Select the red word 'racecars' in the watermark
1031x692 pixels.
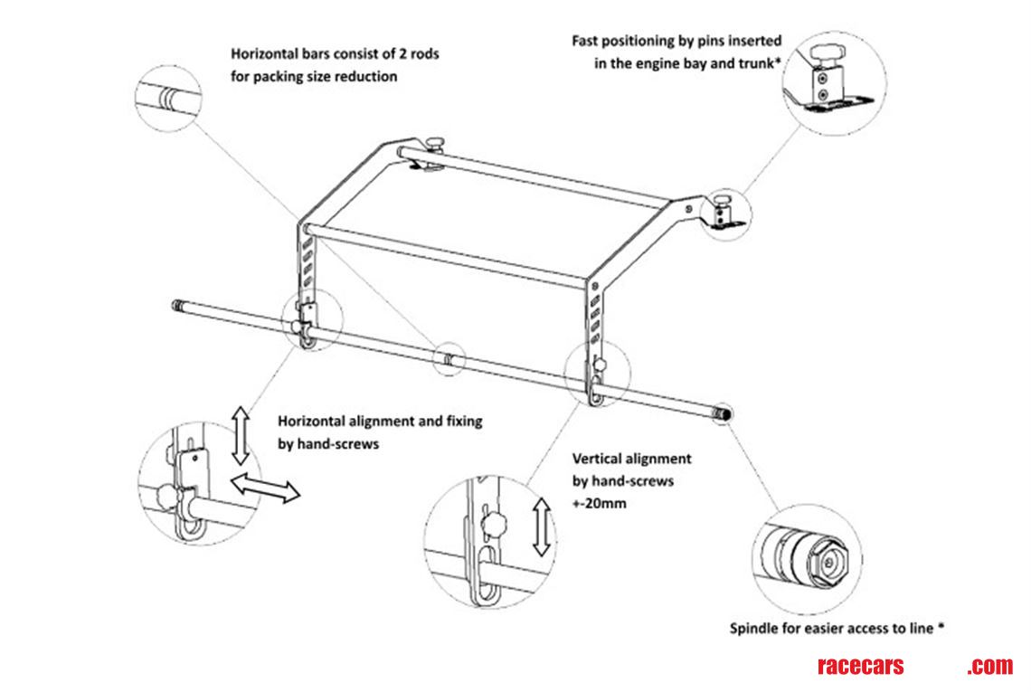pyautogui.click(x=859, y=667)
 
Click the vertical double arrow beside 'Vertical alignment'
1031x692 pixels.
pyautogui.click(x=542, y=526)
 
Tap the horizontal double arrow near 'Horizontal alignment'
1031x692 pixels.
pyautogui.click(x=265, y=488)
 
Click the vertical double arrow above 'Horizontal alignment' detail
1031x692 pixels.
pyautogui.click(x=241, y=435)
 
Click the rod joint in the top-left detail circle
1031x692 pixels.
pyautogui.click(x=168, y=96)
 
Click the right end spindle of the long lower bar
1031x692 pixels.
pyautogui.click(x=724, y=414)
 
